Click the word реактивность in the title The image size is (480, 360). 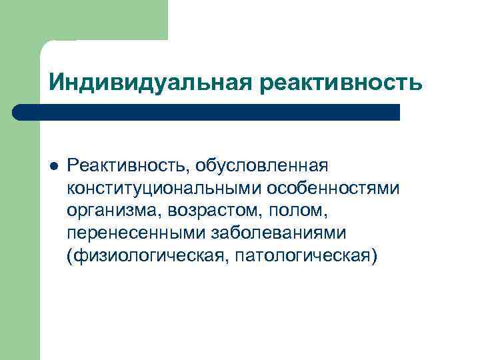pyautogui.click(x=342, y=82)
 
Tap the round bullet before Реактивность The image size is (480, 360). pyautogui.click(x=53, y=165)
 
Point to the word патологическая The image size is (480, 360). pyautogui.click(x=297, y=257)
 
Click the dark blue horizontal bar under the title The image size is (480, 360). pyautogui.click(x=207, y=112)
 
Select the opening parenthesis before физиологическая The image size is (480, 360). pyautogui.click(x=69, y=257)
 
